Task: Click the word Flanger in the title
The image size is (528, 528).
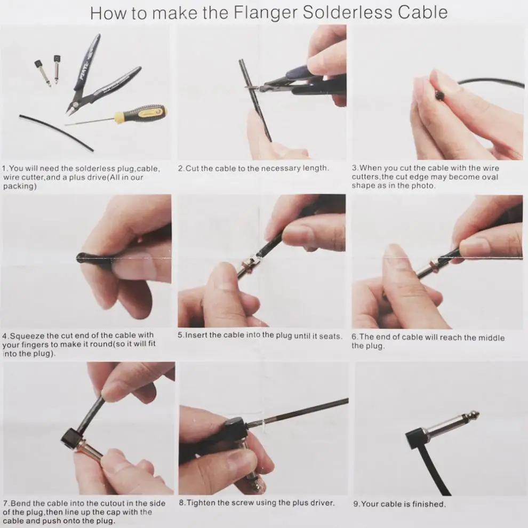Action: coord(266,13)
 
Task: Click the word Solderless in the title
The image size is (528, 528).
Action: coord(348,12)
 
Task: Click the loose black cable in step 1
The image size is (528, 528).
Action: coord(56,133)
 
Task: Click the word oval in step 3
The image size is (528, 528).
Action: coord(489,177)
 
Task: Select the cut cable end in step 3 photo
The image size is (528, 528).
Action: coord(439,96)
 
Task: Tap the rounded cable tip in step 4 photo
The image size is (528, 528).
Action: coord(82,258)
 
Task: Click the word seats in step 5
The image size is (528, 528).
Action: coord(332,336)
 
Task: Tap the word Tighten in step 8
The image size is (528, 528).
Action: coord(201,503)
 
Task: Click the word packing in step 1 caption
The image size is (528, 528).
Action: coord(20,186)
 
